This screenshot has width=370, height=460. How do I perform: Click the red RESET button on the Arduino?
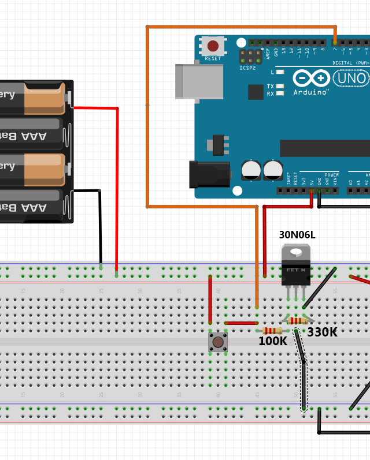coord(213,46)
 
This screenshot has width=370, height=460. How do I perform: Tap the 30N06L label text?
coord(297,235)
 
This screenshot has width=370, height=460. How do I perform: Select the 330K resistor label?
coord(322,332)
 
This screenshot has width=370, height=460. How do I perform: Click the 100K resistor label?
coord(272,341)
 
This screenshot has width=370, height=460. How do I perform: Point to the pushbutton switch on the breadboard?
coord(218,342)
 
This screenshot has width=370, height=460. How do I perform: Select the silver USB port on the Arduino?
coord(199,81)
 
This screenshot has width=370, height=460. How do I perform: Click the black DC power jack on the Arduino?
coord(209,174)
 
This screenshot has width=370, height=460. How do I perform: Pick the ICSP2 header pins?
coord(250,57)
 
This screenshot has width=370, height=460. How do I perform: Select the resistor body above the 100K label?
coord(272,331)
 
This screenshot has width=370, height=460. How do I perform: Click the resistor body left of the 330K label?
coord(298,321)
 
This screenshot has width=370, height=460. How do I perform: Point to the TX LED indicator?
coord(280,86)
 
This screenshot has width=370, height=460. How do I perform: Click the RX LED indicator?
coord(280,94)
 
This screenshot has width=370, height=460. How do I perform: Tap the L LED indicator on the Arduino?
coord(280,72)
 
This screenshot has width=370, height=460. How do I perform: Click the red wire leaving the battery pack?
coord(117,173)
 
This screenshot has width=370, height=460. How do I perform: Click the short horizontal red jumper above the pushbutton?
coord(240,323)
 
